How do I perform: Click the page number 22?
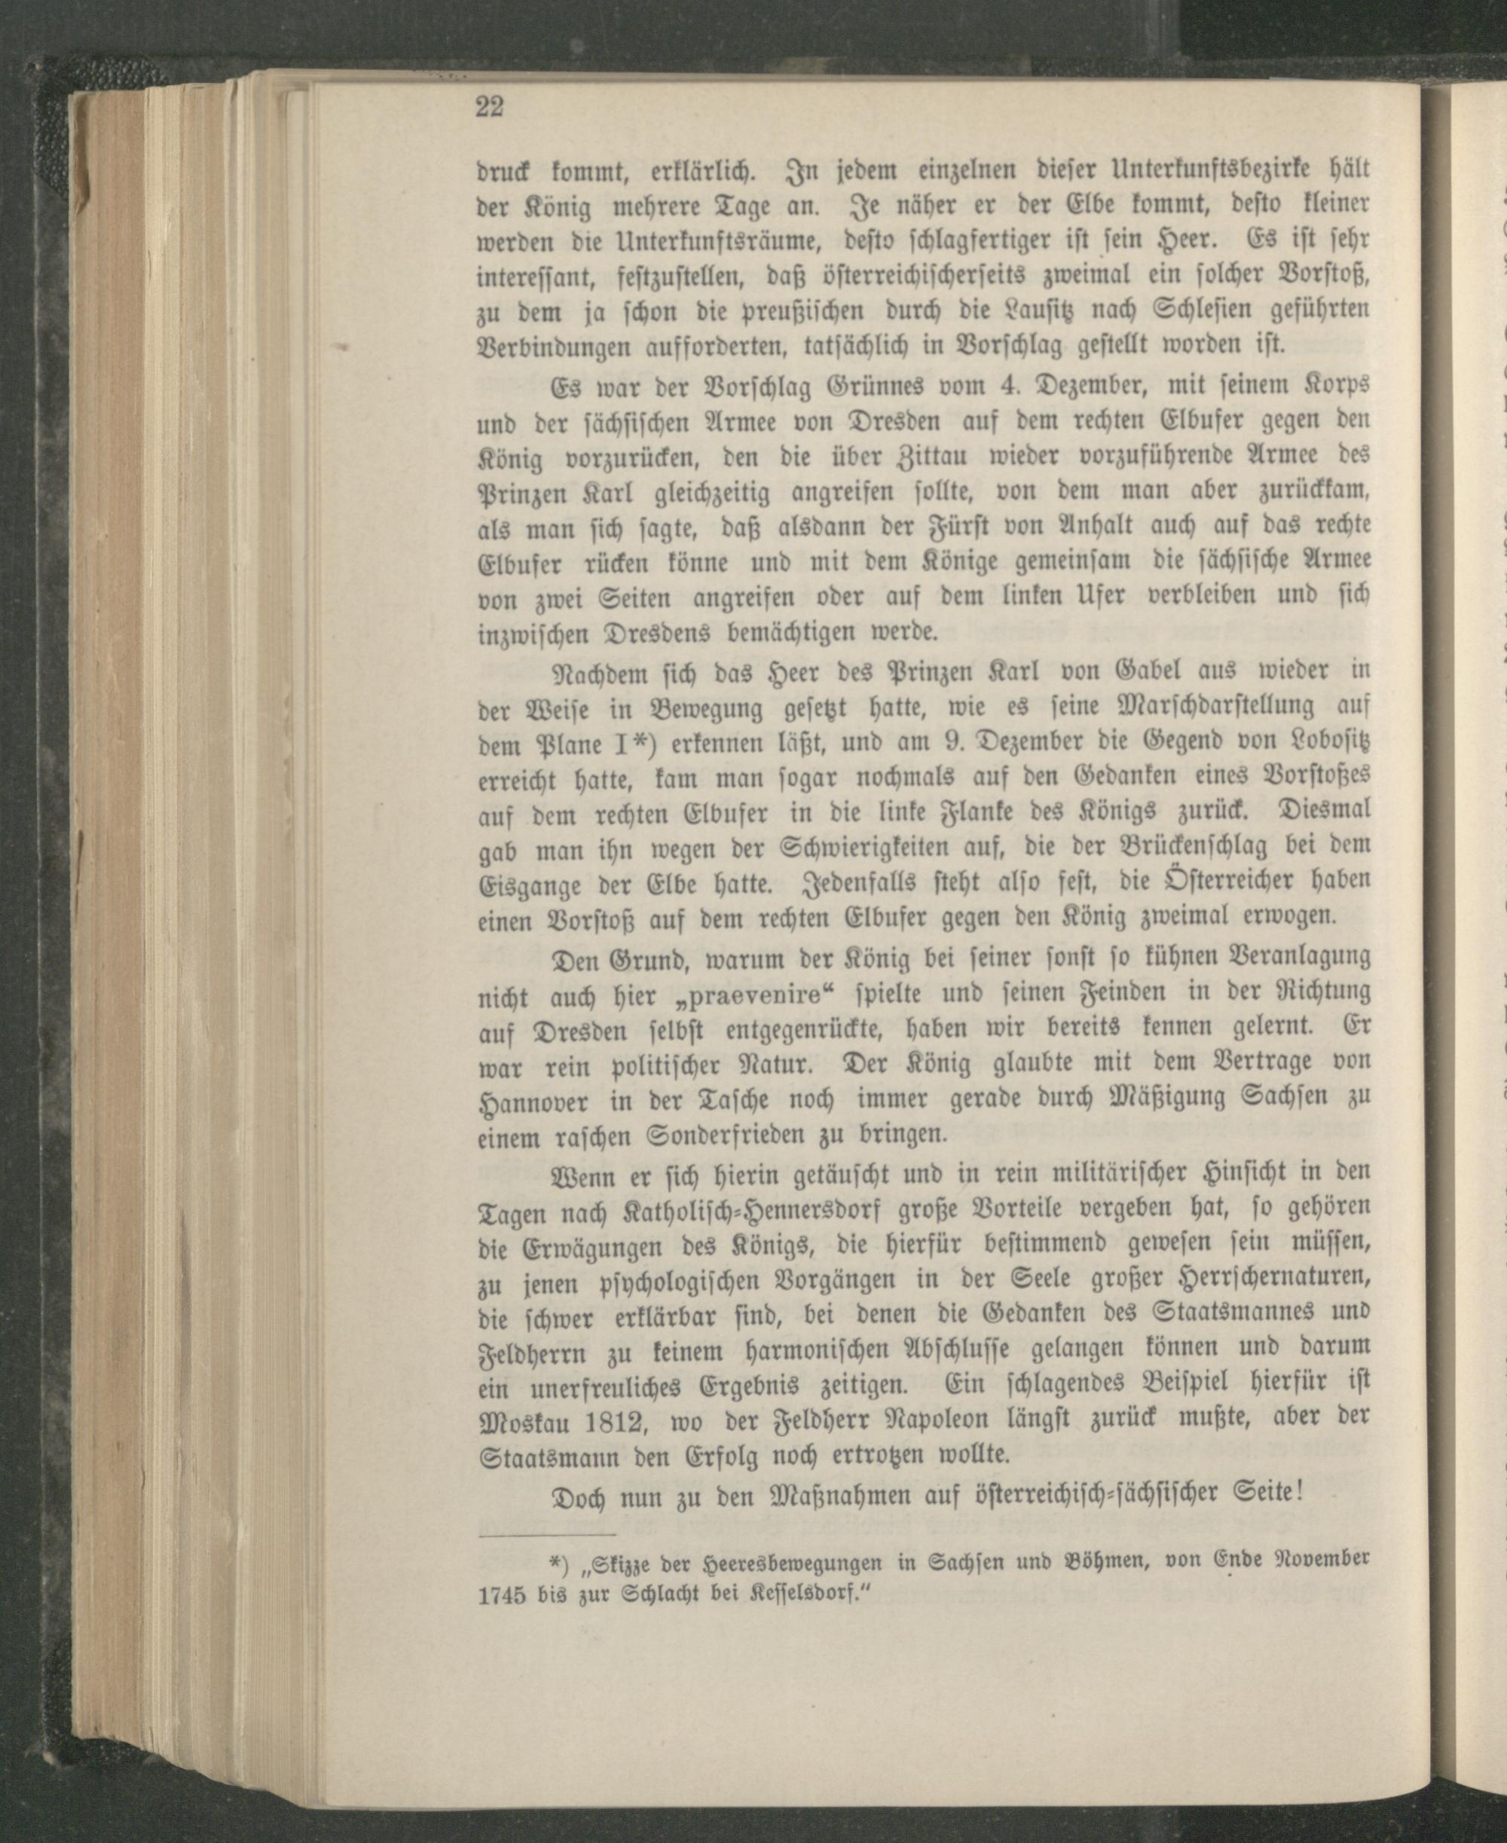tap(490, 108)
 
